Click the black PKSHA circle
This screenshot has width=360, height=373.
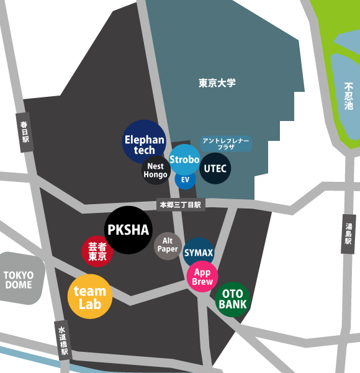(x=128, y=230)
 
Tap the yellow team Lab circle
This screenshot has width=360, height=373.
(x=90, y=297)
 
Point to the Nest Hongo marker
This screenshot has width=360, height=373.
(x=155, y=171)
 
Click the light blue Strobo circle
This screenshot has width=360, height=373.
(x=184, y=160)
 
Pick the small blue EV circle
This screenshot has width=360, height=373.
(x=185, y=179)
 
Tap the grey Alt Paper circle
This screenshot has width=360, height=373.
(x=168, y=245)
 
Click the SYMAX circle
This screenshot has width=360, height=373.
(x=199, y=253)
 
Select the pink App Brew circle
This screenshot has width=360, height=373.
(x=202, y=277)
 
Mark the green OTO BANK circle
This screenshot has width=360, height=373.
(x=233, y=300)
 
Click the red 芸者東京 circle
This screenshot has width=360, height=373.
(x=97, y=251)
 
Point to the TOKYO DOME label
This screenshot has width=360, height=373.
(x=19, y=280)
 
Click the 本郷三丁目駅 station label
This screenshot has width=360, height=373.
(x=181, y=204)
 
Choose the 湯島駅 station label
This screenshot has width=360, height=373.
(x=348, y=234)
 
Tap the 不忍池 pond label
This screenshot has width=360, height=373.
(x=349, y=97)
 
